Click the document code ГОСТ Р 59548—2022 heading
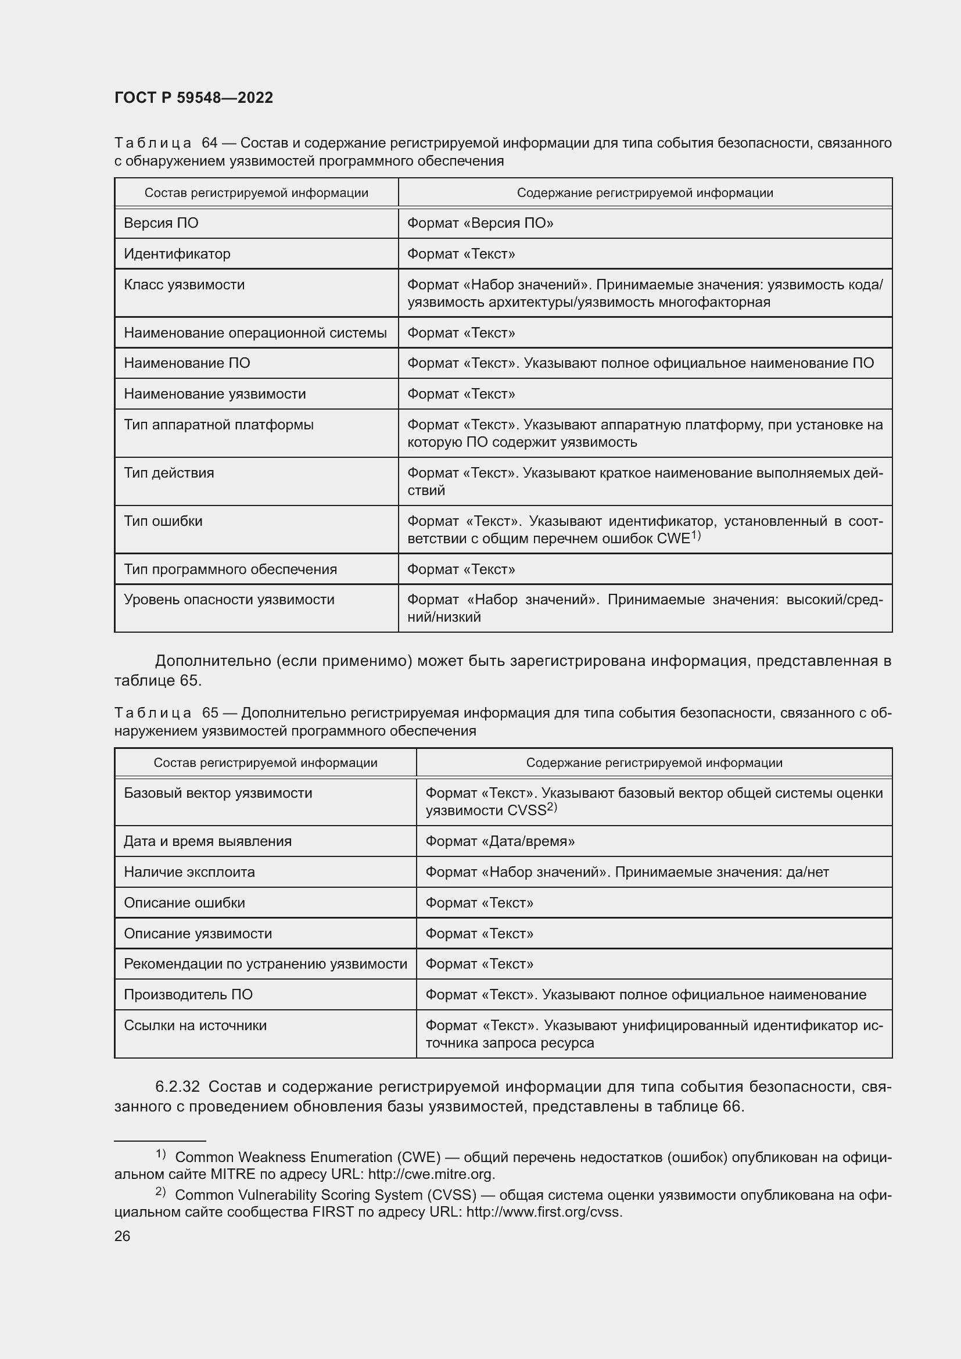tap(193, 98)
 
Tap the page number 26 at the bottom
tap(122, 1236)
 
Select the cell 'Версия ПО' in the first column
tap(161, 223)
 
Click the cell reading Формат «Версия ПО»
tap(480, 223)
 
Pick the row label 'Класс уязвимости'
tap(184, 285)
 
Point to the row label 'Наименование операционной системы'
tap(255, 333)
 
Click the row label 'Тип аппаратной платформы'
tap(218, 424)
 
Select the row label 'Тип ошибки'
tap(163, 521)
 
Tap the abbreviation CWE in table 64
tap(673, 539)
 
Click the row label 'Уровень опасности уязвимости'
tap(229, 600)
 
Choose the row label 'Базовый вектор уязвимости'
tap(218, 793)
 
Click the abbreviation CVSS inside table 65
tap(526, 811)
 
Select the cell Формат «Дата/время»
tap(500, 841)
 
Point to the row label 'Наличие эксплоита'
tap(189, 872)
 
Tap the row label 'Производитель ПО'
tap(188, 994)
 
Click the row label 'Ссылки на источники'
tap(195, 1025)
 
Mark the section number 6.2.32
tap(178, 1087)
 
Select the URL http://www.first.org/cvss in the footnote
tap(544, 1211)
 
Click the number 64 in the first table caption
tap(210, 143)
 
